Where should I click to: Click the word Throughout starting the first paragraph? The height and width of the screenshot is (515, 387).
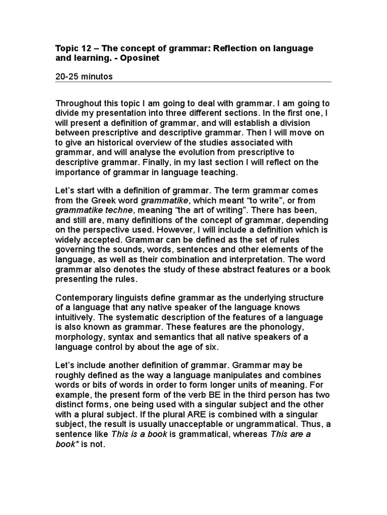pos(80,104)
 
